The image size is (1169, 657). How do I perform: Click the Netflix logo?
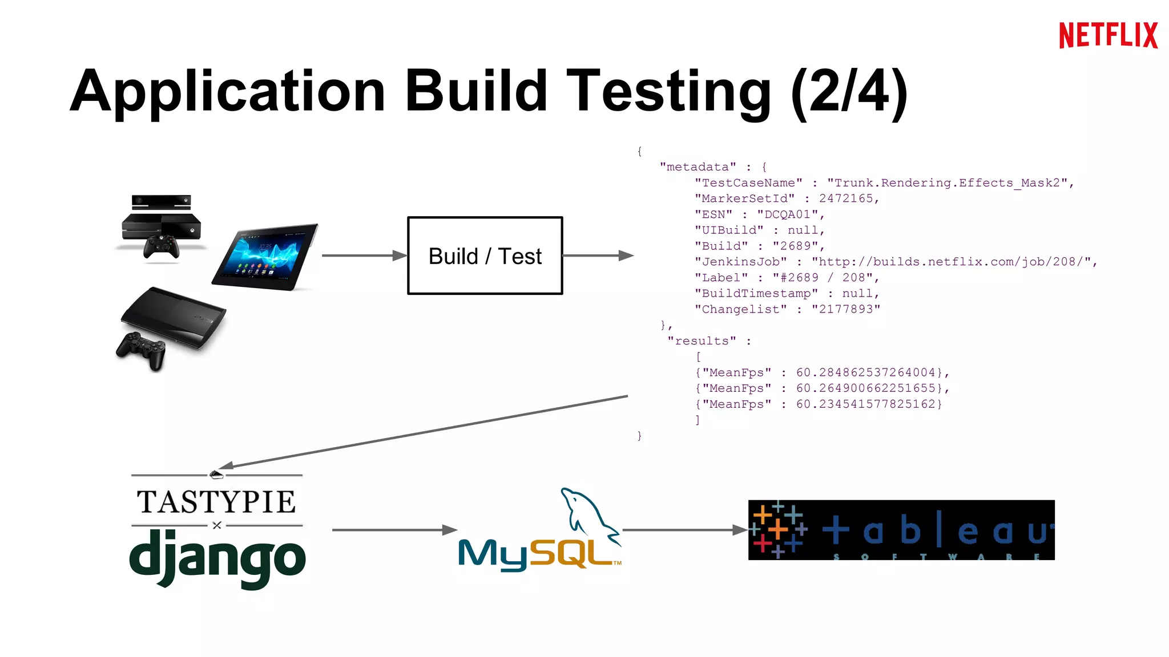click(1108, 35)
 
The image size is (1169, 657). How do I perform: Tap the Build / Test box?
click(485, 255)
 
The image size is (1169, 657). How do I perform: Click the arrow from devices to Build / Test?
click(363, 255)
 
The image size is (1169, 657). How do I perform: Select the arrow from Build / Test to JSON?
click(597, 255)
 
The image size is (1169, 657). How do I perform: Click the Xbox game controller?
click(161, 246)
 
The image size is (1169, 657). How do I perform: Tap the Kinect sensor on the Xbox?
click(161, 201)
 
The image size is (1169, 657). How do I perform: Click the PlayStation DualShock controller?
click(142, 349)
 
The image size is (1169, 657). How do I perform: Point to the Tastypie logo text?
click(216, 502)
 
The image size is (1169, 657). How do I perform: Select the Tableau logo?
click(901, 530)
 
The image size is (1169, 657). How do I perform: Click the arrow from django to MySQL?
click(394, 530)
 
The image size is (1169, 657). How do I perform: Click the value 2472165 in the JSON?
click(846, 198)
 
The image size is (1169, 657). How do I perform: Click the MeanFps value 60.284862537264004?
click(865, 372)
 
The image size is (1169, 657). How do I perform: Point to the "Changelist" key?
click(740, 309)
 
